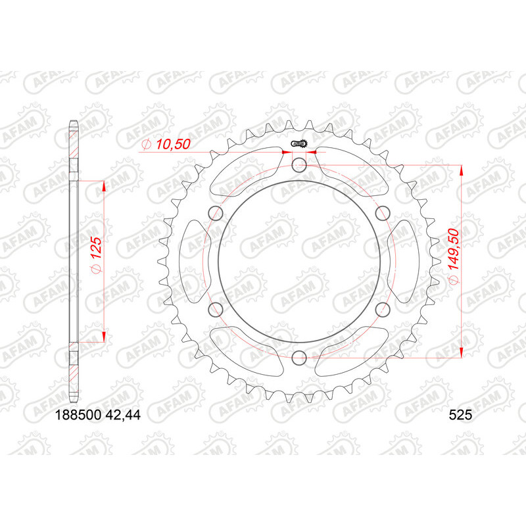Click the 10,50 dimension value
(x=172, y=145)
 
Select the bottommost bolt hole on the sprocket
(x=299, y=358)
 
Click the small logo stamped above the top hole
(x=300, y=144)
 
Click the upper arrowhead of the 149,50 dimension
(x=462, y=170)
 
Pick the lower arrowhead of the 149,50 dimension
(x=462, y=351)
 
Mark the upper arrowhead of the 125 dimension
(x=104, y=186)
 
